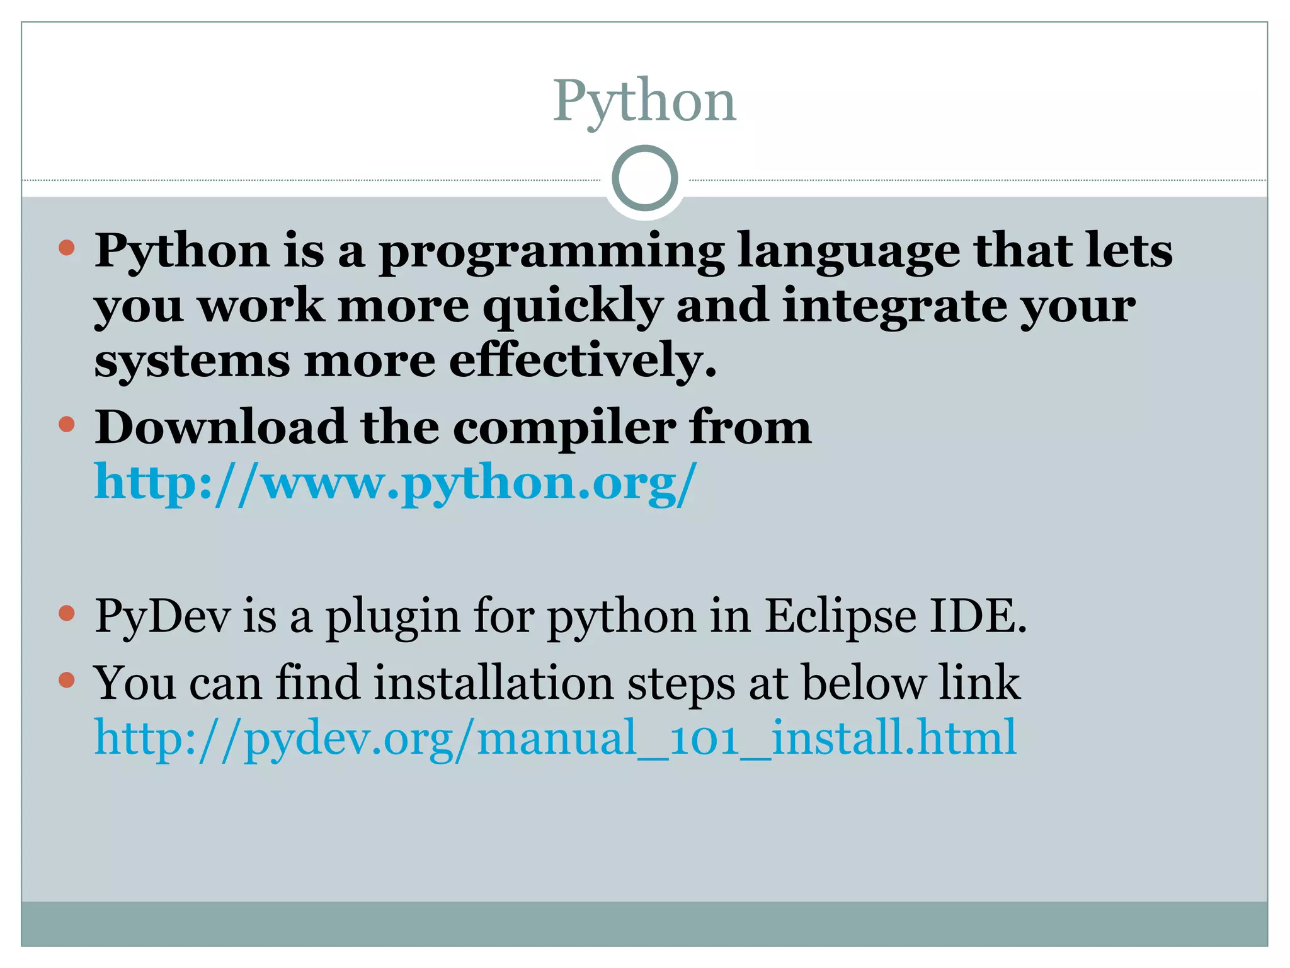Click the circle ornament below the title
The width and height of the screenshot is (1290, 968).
point(644,178)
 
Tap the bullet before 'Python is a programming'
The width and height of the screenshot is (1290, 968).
point(66,247)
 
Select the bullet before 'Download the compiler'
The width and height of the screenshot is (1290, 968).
point(66,423)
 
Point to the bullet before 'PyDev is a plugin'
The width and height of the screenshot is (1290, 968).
point(66,613)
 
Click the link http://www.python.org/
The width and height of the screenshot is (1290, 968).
point(396,483)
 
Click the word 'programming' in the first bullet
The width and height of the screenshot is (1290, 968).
point(551,252)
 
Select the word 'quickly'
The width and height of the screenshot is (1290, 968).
point(573,308)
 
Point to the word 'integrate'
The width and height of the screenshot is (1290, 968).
point(894,308)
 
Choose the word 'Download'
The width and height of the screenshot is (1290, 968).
point(220,427)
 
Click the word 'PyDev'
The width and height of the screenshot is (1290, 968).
point(163,616)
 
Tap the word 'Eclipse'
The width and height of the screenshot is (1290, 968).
point(840,616)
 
